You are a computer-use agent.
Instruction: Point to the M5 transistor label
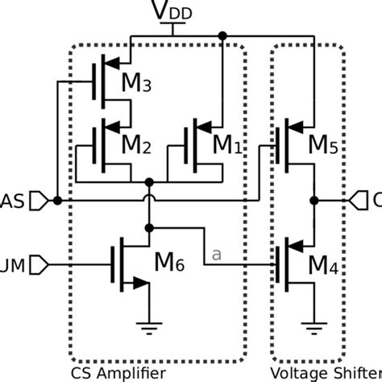pos(325,145)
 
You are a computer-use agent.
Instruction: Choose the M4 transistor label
pos(324,263)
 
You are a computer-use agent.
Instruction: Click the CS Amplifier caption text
pos(118,373)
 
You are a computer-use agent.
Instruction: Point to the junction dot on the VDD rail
pos(223,36)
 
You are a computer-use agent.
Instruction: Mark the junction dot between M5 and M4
pos(313,199)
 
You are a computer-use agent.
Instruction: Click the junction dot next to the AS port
pos(56,199)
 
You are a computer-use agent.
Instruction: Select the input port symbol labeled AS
pos(37,199)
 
